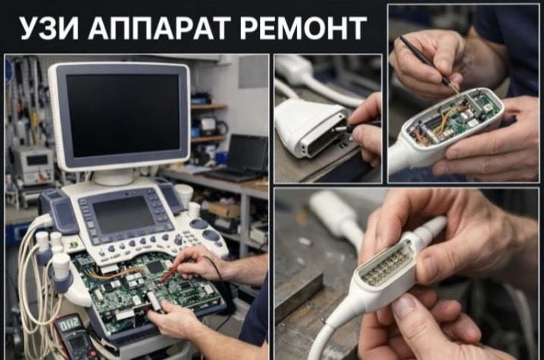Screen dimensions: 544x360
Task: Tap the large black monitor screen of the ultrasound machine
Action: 123,115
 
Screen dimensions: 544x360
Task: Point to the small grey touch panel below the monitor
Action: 123,214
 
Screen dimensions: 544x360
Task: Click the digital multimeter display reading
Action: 70,325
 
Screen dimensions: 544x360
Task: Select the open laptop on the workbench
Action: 239,158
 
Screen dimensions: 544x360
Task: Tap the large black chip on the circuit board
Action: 155,267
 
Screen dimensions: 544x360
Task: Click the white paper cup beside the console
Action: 183,195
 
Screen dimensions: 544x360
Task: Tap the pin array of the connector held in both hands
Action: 383,268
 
